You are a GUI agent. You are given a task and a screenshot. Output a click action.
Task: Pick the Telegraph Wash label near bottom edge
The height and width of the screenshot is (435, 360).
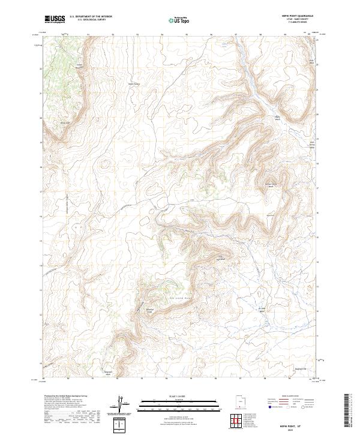click(109, 373)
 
